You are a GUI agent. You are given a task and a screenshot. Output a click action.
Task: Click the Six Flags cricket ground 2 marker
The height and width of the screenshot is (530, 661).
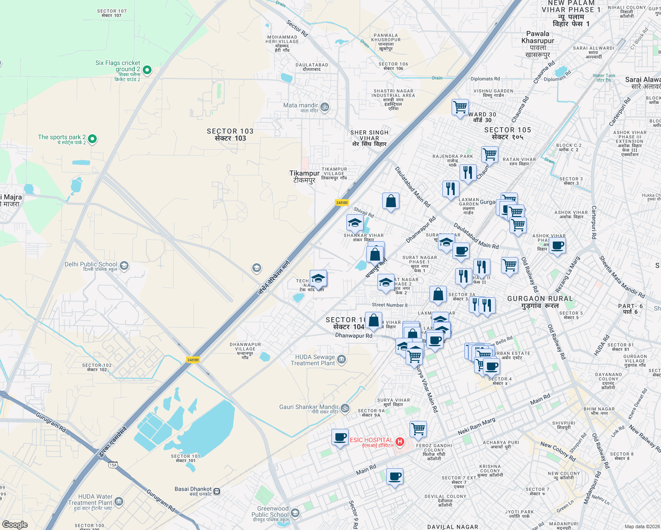point(148,70)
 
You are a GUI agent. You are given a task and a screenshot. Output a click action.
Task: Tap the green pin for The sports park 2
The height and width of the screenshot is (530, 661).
point(92,139)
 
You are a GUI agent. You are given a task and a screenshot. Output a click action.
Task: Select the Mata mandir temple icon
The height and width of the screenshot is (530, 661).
point(325,107)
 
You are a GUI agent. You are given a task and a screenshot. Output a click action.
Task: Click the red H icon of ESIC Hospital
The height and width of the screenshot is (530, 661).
point(400,441)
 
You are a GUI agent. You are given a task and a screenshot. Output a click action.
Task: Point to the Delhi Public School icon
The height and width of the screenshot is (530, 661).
point(125,265)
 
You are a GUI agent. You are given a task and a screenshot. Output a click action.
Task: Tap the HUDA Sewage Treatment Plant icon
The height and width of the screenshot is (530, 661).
point(342,359)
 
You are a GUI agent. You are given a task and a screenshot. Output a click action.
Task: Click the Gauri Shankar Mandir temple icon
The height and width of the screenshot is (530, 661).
point(345,408)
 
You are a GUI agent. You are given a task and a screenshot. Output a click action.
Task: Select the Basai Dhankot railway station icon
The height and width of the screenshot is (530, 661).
point(217,491)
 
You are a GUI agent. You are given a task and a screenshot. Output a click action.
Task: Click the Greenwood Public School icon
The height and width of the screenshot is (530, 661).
point(295,513)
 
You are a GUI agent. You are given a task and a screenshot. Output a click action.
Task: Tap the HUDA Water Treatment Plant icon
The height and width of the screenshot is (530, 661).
point(119,501)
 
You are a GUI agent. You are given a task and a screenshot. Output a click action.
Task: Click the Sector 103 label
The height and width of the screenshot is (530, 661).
point(230,135)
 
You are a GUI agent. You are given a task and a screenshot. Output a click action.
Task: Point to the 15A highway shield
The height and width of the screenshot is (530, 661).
point(113,465)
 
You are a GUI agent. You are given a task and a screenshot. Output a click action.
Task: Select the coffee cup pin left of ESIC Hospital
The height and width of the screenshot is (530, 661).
point(340,438)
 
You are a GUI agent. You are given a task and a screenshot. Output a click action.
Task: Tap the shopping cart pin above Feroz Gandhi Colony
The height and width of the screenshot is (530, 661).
point(418,429)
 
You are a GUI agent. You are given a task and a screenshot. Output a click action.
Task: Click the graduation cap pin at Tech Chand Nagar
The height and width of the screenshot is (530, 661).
point(318,279)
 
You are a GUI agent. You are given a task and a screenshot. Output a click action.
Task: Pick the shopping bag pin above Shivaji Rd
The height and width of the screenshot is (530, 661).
point(391,201)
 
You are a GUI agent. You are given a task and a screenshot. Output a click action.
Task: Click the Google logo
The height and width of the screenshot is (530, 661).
point(15,524)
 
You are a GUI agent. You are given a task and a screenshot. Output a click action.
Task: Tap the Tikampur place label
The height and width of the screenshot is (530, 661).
point(304,177)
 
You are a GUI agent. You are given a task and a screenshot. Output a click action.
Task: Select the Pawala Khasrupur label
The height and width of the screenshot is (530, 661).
point(538,44)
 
